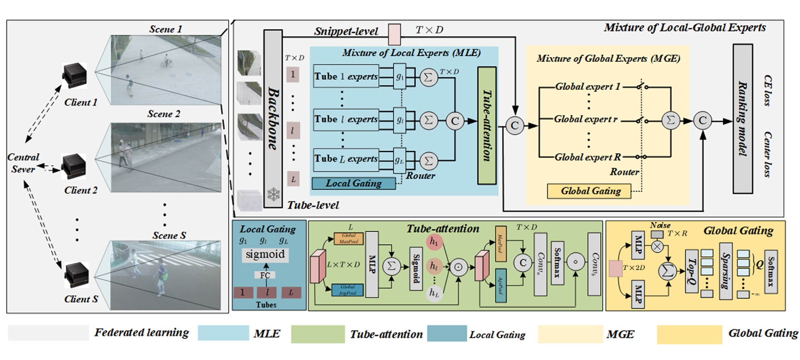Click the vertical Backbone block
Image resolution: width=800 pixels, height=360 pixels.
(x=273, y=118)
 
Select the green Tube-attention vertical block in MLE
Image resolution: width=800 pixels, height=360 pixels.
(x=487, y=125)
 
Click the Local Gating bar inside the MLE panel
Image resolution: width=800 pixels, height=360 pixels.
(x=354, y=183)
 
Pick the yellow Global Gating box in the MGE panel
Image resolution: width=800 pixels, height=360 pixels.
(x=589, y=191)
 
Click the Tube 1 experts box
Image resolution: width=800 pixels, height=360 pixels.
(x=345, y=76)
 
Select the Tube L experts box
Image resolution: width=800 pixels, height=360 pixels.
(x=345, y=159)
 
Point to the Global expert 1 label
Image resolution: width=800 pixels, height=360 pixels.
(x=587, y=87)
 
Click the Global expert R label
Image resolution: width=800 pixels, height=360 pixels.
(x=587, y=157)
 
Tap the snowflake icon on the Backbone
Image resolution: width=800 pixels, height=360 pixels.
(x=273, y=194)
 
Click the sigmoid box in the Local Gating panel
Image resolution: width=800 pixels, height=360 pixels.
(x=265, y=255)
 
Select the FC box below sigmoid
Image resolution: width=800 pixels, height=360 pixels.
(x=265, y=275)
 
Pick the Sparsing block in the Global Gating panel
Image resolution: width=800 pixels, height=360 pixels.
(x=725, y=271)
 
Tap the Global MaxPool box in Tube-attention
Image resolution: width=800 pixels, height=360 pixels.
(x=348, y=238)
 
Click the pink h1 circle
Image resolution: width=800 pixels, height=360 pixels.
(x=434, y=242)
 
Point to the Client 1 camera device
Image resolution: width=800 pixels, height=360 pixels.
(x=74, y=75)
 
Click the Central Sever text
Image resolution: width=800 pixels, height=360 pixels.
(x=23, y=163)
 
